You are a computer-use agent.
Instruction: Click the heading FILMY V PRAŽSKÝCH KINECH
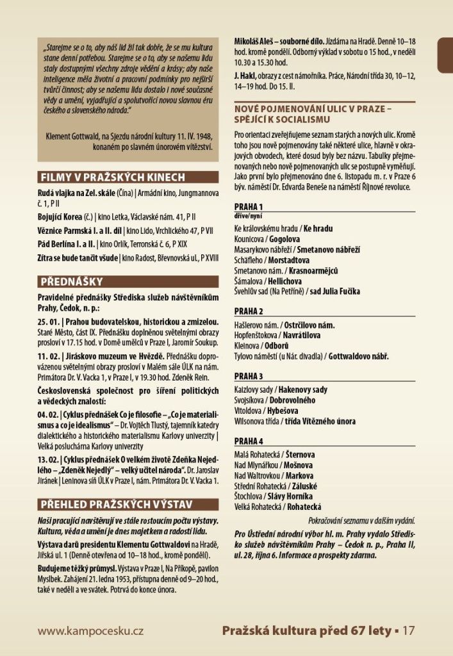click(x=113, y=177)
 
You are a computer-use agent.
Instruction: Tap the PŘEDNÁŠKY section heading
click(x=71, y=281)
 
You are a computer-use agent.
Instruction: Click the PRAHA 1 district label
click(x=249, y=207)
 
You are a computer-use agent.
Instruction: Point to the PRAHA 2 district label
click(x=249, y=312)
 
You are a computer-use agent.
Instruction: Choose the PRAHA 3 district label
click(x=249, y=376)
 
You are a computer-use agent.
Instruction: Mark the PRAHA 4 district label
click(x=249, y=441)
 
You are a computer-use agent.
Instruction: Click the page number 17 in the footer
click(x=409, y=631)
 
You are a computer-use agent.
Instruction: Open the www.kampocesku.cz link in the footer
click(x=90, y=631)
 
